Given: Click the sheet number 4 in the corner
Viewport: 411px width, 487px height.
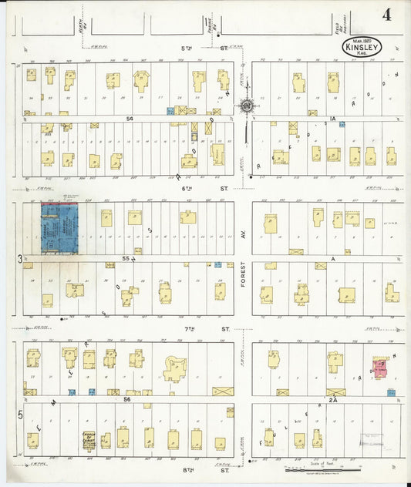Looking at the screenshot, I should click(x=385, y=15).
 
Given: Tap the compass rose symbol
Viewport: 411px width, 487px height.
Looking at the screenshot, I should click(x=246, y=106).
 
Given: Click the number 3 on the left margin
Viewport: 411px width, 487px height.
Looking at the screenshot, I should click(x=20, y=259).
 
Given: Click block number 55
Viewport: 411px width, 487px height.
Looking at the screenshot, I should click(x=125, y=259).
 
